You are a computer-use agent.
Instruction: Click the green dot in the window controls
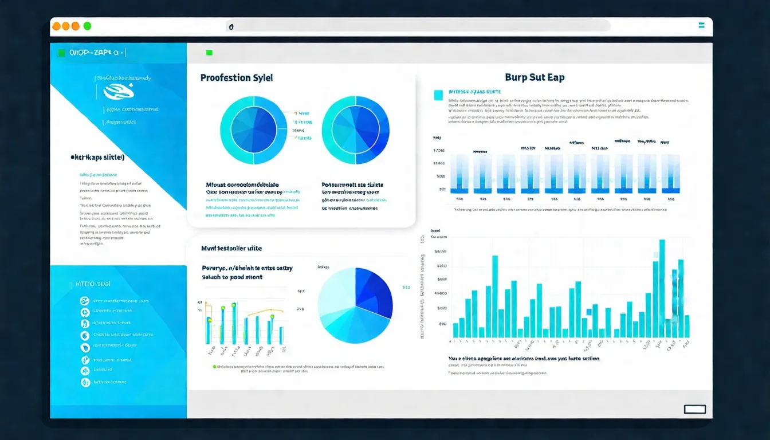coord(87,26)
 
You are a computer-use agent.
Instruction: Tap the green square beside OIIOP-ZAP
coord(61,53)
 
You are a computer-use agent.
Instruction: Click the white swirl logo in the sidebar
coord(119,91)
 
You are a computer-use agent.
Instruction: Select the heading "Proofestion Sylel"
coord(237,77)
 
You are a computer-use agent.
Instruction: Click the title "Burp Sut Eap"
coord(535,77)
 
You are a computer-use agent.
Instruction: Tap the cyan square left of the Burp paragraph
coord(439,95)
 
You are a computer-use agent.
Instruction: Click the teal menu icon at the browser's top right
coord(701,26)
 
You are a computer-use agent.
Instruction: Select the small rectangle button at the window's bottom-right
coord(695,409)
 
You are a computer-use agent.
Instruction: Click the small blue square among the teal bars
coord(588,312)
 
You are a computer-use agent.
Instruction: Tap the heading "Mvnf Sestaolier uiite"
coord(231,249)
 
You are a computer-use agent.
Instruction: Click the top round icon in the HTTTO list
coord(85,301)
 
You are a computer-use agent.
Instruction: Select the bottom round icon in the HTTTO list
coord(85,382)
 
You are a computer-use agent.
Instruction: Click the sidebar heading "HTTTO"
coord(93,284)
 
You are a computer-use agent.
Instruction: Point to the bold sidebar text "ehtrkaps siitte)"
coord(97,157)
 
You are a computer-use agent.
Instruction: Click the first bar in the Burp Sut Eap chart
coord(459,174)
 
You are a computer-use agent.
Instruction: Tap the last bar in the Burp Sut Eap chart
coord(670,174)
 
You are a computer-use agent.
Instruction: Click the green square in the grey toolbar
coord(209,53)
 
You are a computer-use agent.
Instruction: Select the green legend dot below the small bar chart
coord(215,366)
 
